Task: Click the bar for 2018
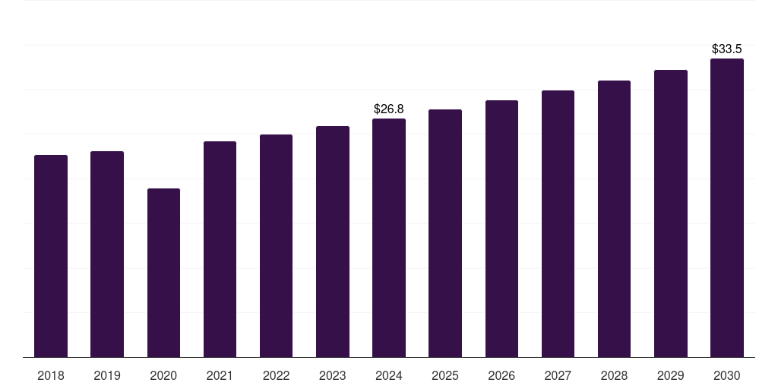[x=51, y=256]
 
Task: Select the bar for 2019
[x=107, y=254]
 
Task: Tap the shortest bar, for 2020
[x=163, y=273]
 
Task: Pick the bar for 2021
[x=220, y=249]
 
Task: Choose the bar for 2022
[x=276, y=245]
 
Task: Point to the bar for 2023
[x=333, y=242]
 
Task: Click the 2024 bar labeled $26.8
[x=389, y=238]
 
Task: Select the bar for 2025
[x=445, y=233]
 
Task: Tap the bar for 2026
[x=501, y=229]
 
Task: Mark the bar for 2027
[x=558, y=223]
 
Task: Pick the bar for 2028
[x=614, y=219]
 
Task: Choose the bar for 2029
[x=671, y=213]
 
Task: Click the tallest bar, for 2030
[x=727, y=207]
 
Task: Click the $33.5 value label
[x=727, y=49]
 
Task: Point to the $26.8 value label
[x=389, y=109]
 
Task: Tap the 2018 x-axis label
[x=51, y=375]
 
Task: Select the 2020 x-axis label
[x=163, y=375]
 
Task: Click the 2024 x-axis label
[x=389, y=375]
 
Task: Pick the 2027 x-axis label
[x=558, y=375]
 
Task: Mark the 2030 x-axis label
[x=727, y=375]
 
